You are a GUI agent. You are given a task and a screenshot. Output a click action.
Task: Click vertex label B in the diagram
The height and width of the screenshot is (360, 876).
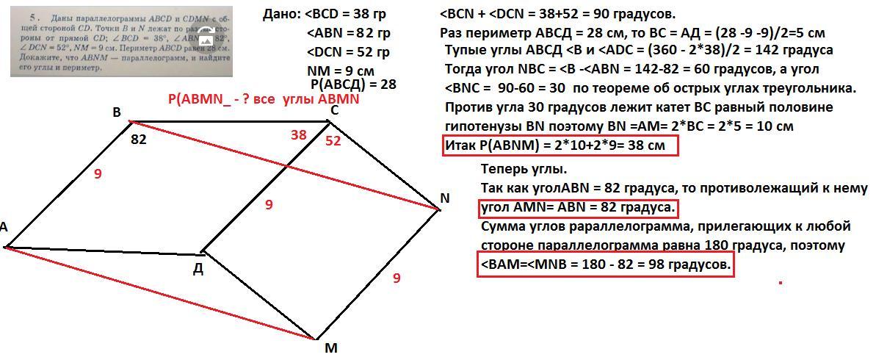(117, 112)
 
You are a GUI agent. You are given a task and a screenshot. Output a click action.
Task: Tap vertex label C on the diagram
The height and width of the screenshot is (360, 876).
(334, 110)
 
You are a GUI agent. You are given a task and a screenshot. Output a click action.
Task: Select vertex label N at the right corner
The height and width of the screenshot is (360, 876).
(445, 198)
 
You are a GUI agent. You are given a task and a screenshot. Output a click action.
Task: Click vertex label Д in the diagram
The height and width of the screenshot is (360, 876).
(198, 268)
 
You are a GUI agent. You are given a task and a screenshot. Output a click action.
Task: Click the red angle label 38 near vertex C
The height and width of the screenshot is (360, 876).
(298, 134)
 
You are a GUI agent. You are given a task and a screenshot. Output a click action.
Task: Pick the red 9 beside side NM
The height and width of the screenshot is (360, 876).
(397, 278)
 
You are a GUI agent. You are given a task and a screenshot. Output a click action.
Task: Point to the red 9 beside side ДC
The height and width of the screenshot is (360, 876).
(269, 205)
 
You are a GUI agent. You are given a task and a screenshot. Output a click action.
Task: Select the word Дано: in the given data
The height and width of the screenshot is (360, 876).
(280, 15)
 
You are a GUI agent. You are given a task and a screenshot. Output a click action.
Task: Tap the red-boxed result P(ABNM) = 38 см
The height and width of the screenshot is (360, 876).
(559, 145)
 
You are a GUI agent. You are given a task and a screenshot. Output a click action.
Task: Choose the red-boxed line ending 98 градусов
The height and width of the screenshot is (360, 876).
(606, 264)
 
